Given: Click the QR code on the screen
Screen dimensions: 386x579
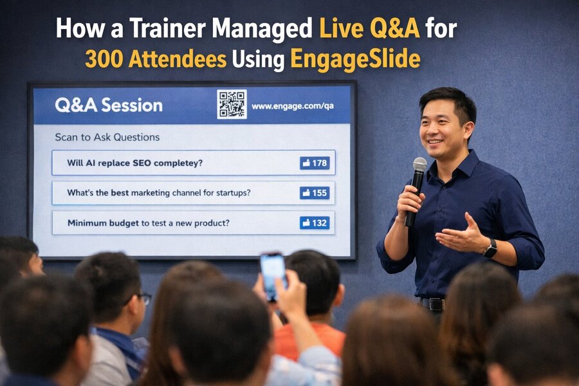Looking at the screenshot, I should (232, 104).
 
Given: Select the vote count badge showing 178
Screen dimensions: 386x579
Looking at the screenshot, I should (315, 163).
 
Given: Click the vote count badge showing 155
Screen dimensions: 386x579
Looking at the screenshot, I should (315, 192).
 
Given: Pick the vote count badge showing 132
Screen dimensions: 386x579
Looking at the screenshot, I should (315, 223).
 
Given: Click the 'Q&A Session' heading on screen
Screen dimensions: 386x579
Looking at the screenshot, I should (109, 106).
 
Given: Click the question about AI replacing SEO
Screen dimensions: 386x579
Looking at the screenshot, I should (134, 163).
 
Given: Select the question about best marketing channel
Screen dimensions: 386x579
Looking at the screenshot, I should (158, 192).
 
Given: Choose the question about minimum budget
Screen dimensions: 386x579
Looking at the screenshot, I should (149, 223).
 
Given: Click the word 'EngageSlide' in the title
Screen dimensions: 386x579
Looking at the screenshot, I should (355, 59).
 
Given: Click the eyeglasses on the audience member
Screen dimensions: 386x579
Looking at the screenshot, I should (144, 298).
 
